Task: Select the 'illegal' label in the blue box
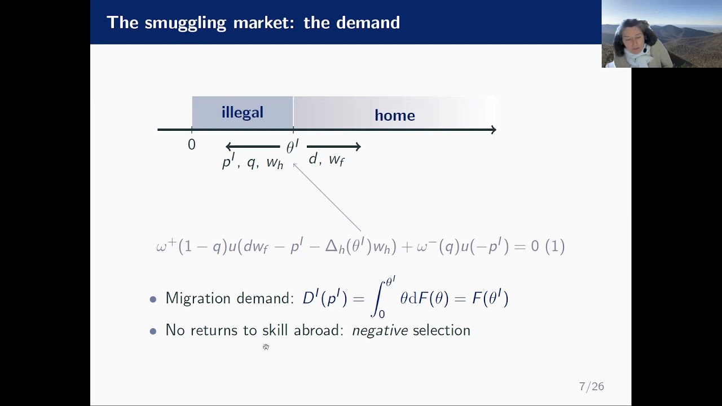(242, 112)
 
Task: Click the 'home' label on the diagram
(394, 116)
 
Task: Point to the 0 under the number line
(192, 145)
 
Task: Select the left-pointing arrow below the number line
(253, 147)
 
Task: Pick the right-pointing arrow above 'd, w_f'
(333, 147)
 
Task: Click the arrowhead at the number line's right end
(493, 130)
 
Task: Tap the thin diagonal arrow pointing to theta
(327, 197)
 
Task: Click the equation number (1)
(555, 246)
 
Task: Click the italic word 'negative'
(380, 330)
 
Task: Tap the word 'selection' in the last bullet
(441, 330)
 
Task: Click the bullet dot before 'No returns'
(153, 331)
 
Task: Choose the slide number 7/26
(591, 386)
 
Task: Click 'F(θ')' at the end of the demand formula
(490, 298)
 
